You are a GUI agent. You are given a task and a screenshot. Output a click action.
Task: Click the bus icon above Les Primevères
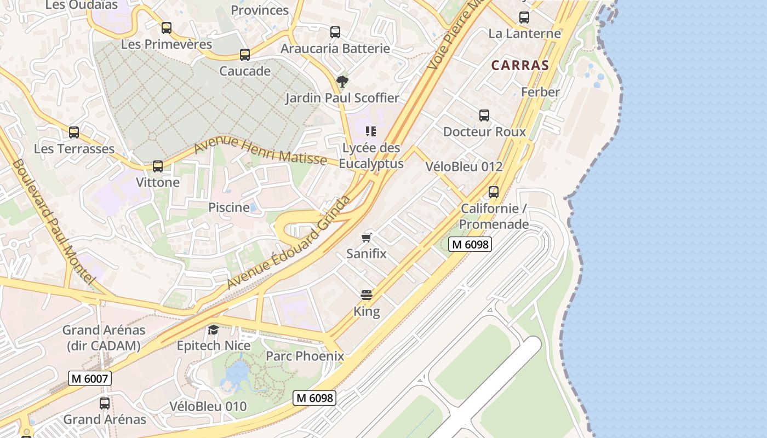(167, 28)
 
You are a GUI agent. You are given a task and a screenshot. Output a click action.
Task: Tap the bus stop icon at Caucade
(245, 55)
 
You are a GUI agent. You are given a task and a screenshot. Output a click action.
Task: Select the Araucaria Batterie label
(335, 48)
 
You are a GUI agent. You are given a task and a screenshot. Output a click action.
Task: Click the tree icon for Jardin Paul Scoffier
(342, 82)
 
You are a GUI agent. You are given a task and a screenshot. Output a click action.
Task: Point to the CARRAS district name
(520, 65)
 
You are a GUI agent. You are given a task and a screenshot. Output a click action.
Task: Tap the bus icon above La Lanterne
(524, 18)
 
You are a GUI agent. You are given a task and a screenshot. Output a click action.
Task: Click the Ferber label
(540, 92)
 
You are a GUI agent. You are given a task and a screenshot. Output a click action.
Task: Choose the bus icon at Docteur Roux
(484, 116)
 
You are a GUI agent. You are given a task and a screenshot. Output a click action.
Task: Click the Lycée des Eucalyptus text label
(371, 155)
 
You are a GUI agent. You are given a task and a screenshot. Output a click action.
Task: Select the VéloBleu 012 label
(464, 166)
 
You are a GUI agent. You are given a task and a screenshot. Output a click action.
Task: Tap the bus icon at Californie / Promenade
(494, 192)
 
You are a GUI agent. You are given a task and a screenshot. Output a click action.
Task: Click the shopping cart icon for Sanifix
(367, 238)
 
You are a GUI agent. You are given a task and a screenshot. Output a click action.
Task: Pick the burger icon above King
(367, 296)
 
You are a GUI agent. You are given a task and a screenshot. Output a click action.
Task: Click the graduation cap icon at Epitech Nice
(213, 330)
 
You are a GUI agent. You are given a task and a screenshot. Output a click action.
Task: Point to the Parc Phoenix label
(305, 356)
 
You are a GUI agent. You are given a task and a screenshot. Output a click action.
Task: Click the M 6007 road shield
(90, 378)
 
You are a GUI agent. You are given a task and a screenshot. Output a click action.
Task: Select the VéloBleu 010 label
(208, 406)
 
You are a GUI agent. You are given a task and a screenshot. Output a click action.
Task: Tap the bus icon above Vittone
(158, 166)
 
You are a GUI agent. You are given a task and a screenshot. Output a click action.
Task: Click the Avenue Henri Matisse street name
(260, 151)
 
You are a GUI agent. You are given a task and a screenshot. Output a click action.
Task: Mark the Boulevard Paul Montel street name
(53, 222)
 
